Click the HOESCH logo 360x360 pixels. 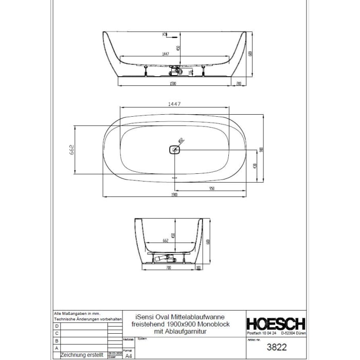pos(277,323)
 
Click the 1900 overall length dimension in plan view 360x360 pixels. pos(174,195)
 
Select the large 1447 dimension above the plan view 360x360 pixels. pos(174,103)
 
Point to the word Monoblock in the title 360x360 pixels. pos(209,325)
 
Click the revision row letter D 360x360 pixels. pos(57,326)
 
